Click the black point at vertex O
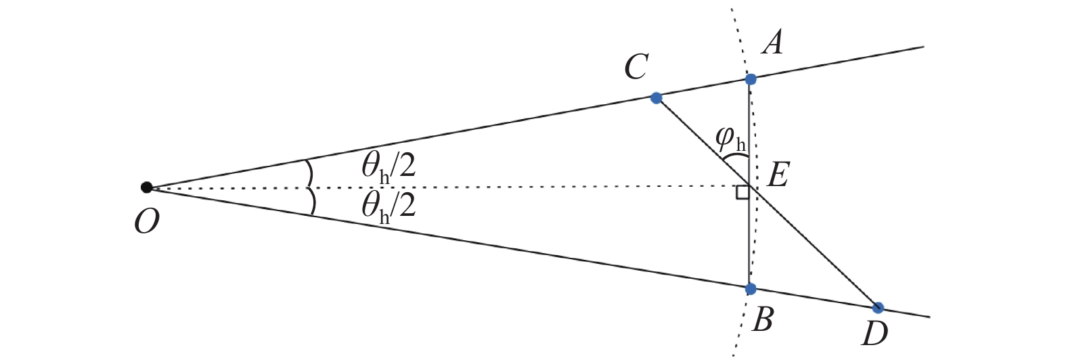(146, 187)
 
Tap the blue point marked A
(750, 79)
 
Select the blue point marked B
(750, 289)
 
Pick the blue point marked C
(655, 98)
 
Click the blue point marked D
(878, 308)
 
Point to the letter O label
(146, 221)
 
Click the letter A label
(772, 44)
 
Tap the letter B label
(763, 319)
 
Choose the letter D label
(874, 334)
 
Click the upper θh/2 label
(388, 165)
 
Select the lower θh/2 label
(388, 205)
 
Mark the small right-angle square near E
(742, 194)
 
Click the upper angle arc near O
(309, 173)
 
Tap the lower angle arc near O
(311, 202)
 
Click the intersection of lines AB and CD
(750, 187)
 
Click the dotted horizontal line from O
(474, 187)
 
